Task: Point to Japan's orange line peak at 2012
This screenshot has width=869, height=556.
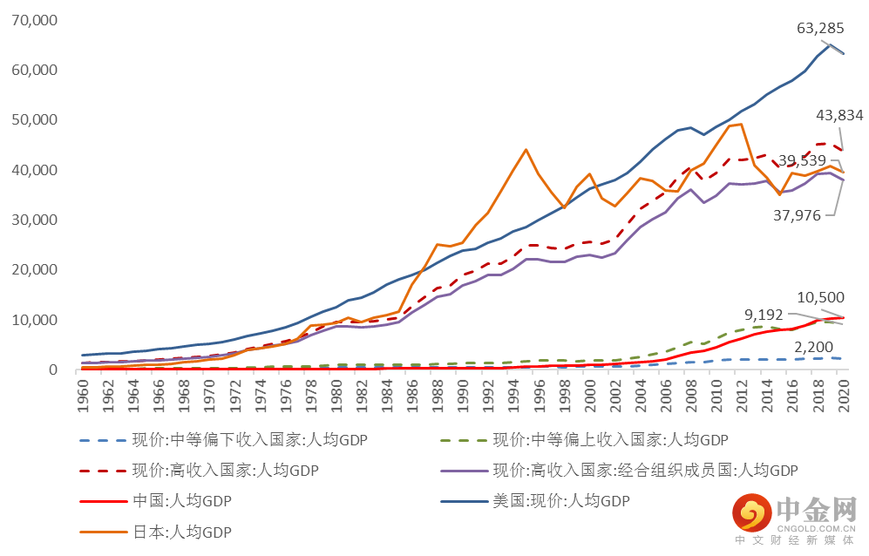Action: point(742,124)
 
